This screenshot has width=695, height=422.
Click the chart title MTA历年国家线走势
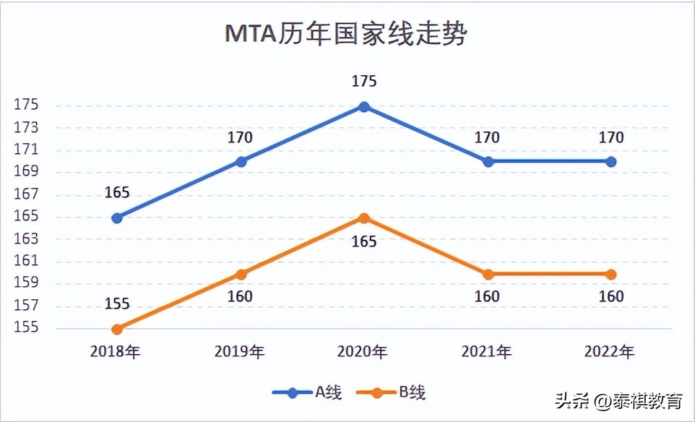click(346, 34)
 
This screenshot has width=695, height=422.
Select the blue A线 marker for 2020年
click(364, 107)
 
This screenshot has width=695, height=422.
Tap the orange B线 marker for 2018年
click(117, 329)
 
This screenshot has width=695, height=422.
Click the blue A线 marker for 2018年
click(117, 218)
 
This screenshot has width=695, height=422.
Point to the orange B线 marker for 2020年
click(364, 218)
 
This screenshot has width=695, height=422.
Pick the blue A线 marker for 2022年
click(611, 162)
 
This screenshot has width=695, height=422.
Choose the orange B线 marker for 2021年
click(488, 274)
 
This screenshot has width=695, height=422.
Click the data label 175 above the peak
click(364, 82)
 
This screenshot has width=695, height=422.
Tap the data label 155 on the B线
click(117, 303)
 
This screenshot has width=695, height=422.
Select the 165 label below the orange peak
click(364, 241)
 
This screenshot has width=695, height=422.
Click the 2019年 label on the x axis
click(240, 352)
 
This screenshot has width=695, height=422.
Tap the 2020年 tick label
click(363, 352)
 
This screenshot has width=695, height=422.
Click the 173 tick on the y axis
click(26, 128)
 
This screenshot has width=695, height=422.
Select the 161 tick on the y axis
click(26, 262)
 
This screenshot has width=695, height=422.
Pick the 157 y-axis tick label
click(26, 306)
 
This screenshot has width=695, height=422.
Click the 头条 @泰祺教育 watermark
click(618, 400)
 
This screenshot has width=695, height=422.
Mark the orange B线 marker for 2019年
click(241, 274)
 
